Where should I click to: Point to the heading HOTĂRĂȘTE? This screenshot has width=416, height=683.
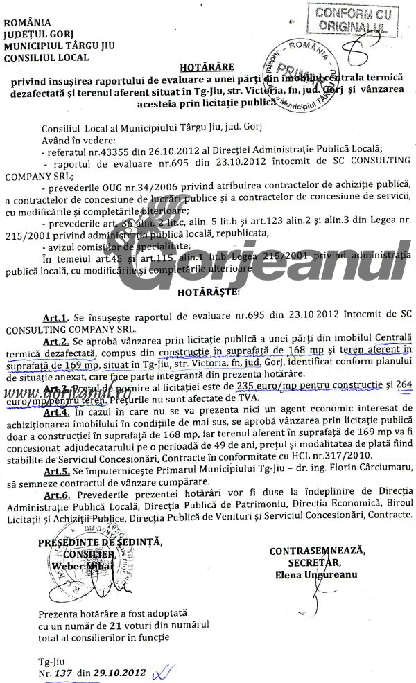207,293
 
